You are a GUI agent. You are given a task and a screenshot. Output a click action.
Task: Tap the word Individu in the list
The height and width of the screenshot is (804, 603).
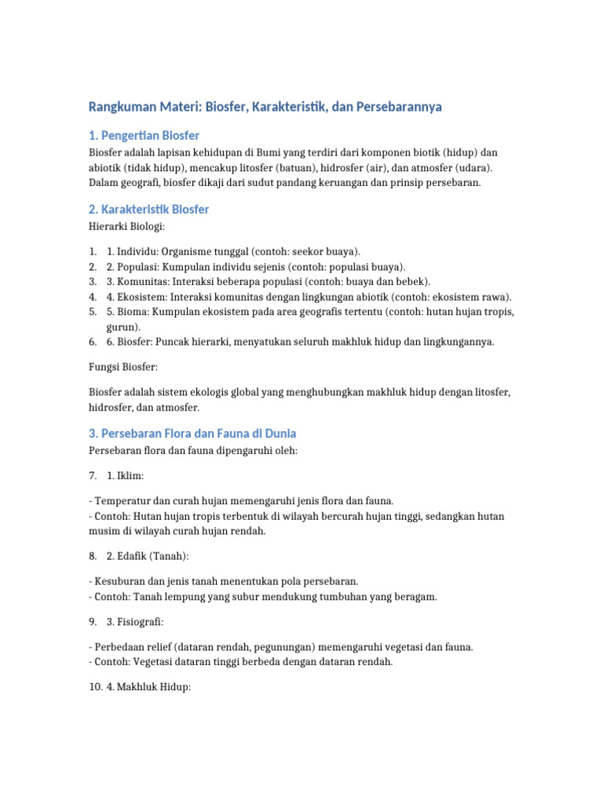coord(138,252)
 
